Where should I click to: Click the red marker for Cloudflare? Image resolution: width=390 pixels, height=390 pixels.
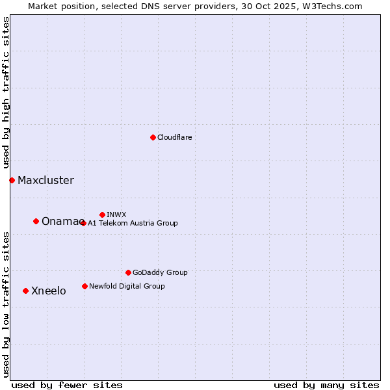pos(153,137)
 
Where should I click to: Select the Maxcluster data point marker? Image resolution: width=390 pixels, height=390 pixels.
pos(12,180)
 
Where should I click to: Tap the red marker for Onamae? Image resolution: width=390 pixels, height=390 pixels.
pos(36,221)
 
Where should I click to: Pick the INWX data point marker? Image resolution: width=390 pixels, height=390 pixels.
pos(102,214)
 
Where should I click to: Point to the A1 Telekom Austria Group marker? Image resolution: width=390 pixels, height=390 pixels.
pos(83,223)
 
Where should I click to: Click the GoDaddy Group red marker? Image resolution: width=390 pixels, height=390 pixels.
pos(128,272)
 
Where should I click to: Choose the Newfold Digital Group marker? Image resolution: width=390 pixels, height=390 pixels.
pos(84,286)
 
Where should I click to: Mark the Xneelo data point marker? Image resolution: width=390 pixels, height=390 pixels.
pos(25,291)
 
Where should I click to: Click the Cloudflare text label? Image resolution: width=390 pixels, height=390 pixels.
pos(174,137)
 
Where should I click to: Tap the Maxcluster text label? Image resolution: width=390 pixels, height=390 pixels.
pos(45,180)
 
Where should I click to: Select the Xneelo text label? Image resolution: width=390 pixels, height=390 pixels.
pos(48,291)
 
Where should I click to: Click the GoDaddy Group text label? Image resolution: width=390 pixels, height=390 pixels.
pos(160,272)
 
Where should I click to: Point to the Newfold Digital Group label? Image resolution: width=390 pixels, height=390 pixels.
pos(127,286)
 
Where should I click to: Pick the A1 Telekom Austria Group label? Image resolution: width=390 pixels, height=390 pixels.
pos(133,223)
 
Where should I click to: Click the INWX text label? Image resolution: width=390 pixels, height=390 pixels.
pos(116,214)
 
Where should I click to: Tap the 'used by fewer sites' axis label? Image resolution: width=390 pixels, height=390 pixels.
pos(67,385)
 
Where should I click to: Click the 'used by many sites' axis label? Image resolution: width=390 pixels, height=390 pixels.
pos(326,385)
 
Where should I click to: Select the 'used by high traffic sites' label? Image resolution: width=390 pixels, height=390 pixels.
pos(6,93)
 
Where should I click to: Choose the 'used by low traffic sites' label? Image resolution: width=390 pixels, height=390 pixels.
pos(6,304)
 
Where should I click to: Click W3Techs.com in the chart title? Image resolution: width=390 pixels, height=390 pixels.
pos(330,6)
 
